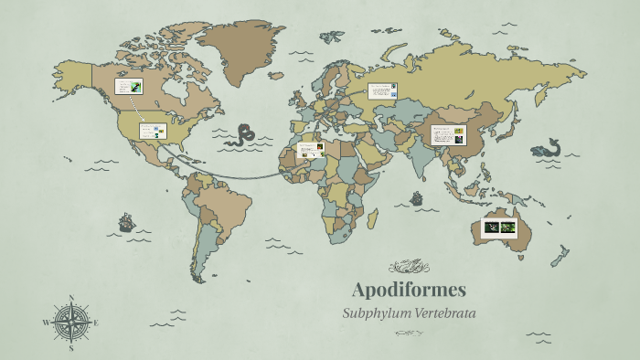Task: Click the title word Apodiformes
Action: click(409, 291)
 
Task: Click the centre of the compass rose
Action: click(70, 322)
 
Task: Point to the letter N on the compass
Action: click(71, 298)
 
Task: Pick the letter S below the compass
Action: click(71, 347)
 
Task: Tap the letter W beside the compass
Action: click(46, 323)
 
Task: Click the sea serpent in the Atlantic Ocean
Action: click(240, 135)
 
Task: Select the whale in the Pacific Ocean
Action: click(547, 147)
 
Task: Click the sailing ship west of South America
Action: click(126, 222)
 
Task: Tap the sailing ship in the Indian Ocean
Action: click(416, 197)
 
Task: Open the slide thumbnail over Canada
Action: click(128, 87)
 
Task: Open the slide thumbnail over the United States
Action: click(153, 131)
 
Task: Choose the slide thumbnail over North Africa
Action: click(312, 150)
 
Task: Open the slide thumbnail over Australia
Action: click(499, 227)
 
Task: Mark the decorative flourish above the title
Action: click(409, 267)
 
